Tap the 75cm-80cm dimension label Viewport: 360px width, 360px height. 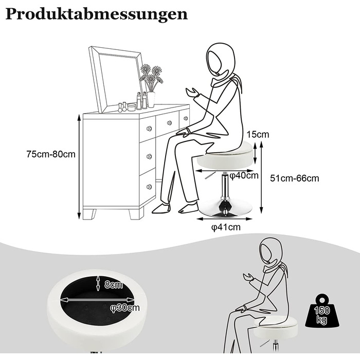click(x=51, y=154)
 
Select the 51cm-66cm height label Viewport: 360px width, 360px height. click(x=295, y=178)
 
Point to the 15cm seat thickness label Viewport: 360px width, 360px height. click(x=258, y=134)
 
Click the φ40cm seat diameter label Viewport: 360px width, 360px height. click(x=244, y=176)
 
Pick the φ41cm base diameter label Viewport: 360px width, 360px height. click(x=226, y=227)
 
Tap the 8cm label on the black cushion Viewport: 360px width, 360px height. click(x=114, y=285)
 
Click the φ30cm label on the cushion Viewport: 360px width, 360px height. click(x=125, y=308)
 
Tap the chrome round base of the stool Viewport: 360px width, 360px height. click(x=225, y=208)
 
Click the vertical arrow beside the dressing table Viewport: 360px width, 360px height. click(x=79, y=167)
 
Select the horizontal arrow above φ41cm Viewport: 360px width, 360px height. click(x=225, y=219)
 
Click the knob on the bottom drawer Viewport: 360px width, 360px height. click(x=149, y=186)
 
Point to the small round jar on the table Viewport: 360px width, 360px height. click(x=131, y=107)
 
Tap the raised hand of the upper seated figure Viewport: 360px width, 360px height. click(x=192, y=93)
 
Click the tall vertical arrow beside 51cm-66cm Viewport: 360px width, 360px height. click(x=261, y=177)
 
